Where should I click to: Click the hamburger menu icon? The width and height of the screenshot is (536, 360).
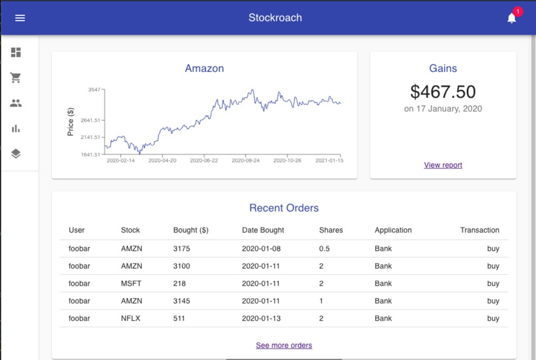pos(20,18)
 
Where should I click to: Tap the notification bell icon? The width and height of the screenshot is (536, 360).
pos(511,19)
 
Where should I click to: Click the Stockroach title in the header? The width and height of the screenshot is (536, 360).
pos(275,18)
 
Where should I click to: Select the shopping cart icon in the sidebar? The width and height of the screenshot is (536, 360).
pos(16,78)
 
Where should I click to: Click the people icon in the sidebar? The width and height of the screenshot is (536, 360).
pos(16,103)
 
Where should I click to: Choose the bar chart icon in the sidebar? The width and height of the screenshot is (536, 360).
pos(16,128)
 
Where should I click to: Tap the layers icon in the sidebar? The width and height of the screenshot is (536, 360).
pos(16,154)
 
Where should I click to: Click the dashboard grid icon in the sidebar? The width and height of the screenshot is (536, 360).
pos(16,53)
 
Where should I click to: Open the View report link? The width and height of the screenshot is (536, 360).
pos(443,165)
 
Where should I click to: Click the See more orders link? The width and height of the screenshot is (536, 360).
pos(284,345)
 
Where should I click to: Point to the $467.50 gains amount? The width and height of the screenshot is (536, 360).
pos(443,92)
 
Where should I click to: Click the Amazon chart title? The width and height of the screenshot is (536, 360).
pos(204,69)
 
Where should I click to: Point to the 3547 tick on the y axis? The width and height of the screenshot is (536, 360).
pos(93,89)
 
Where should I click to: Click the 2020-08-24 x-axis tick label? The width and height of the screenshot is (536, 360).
pos(245,160)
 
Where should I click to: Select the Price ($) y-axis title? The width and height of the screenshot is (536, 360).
pos(70,122)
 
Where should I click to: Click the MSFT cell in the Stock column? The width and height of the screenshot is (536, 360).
pos(131,283)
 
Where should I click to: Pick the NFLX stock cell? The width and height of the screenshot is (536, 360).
pos(131,318)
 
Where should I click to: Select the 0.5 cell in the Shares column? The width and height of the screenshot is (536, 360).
pos(325,249)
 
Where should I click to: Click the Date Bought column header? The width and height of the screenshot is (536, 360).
pos(263,230)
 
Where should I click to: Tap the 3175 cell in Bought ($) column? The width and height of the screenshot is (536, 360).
pos(182,249)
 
